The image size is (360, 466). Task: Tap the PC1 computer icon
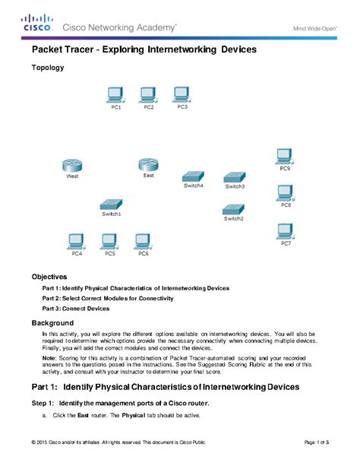click(116, 94)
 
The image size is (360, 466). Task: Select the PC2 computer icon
click(149, 94)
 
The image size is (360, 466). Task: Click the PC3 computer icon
click(182, 94)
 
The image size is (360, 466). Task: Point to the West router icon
click(72, 165)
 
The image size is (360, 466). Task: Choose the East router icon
click(148, 164)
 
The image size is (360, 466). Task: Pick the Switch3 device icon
click(235, 176)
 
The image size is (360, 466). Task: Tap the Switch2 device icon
click(233, 208)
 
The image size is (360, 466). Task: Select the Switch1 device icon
click(112, 204)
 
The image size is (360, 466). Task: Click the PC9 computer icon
click(284, 155)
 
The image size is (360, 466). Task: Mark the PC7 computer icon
click(286, 230)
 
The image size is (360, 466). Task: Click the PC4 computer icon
click(77, 241)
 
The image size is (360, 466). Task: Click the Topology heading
click(47, 68)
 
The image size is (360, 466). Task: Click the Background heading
click(52, 323)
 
